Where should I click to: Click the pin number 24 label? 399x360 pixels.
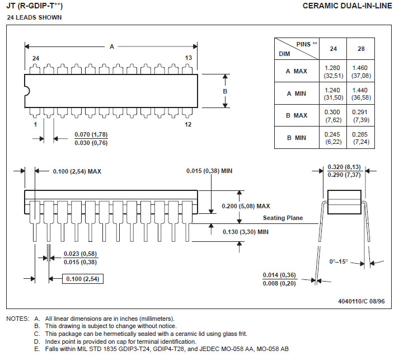click(x=36, y=58)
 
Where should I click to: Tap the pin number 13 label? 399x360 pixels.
click(x=188, y=58)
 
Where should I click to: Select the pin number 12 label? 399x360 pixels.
click(x=188, y=124)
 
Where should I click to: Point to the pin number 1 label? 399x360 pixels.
click(x=35, y=124)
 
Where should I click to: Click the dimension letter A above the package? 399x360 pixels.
click(x=112, y=46)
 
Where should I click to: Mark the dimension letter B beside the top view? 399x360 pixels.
click(x=225, y=91)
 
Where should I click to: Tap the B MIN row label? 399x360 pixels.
click(x=297, y=138)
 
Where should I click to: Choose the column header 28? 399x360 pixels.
click(x=361, y=49)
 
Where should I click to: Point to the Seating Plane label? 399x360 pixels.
click(x=283, y=218)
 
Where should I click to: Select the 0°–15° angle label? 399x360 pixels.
click(x=339, y=261)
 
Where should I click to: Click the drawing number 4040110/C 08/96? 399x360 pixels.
click(x=362, y=301)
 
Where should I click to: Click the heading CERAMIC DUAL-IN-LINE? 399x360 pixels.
click(x=347, y=6)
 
